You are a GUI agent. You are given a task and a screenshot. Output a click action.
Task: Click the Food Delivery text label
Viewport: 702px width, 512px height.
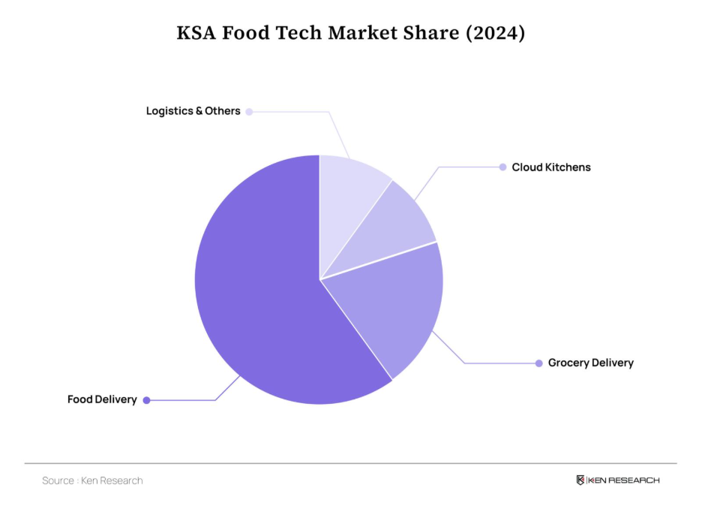[x=102, y=399]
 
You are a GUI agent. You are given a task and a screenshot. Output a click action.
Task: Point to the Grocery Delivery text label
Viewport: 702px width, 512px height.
[x=590, y=363]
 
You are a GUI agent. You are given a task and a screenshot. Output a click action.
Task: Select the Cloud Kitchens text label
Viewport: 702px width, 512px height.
[x=551, y=167]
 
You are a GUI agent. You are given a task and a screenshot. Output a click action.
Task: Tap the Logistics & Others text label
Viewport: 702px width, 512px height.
[x=193, y=111]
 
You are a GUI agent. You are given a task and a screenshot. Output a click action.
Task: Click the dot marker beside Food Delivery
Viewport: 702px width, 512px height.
[x=147, y=400]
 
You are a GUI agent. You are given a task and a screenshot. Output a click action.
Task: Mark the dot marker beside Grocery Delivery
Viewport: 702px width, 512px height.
[x=538, y=363]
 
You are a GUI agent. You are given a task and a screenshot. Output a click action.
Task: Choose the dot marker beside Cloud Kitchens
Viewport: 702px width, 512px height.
[x=502, y=167]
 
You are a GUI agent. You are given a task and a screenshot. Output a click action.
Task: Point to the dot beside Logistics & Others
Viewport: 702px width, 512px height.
[x=249, y=112]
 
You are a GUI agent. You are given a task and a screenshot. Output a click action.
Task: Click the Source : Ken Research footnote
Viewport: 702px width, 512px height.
[x=92, y=480]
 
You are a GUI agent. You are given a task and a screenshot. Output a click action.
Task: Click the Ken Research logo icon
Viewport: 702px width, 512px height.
[x=580, y=480]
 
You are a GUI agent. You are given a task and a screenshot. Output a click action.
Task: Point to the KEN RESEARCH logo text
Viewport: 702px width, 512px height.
[x=624, y=480]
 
